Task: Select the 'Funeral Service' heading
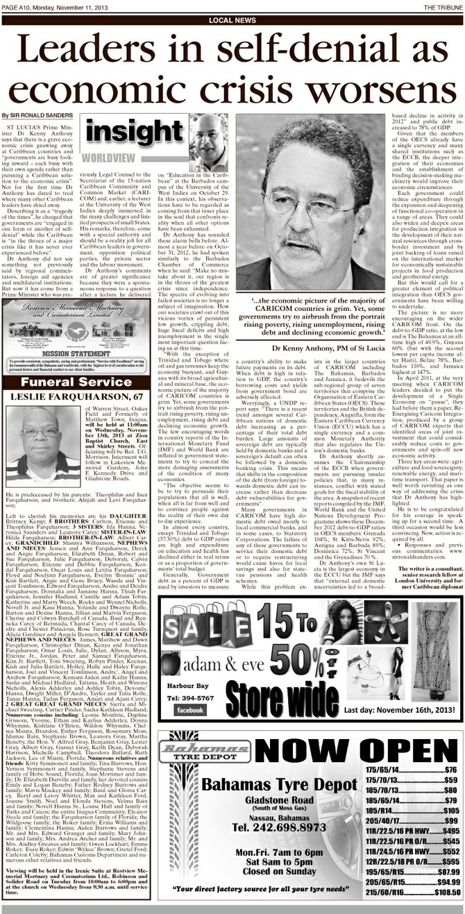click(x=78, y=382)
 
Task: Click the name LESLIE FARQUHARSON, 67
click(x=78, y=396)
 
